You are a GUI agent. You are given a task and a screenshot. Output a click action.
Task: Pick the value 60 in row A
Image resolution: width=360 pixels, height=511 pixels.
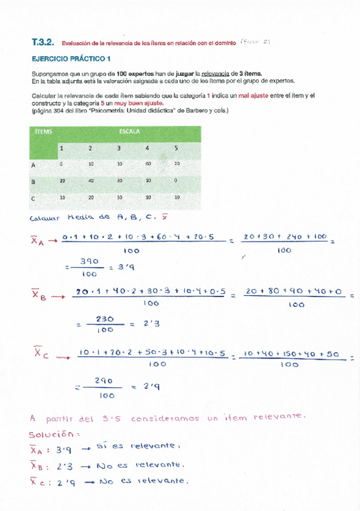coord(147,163)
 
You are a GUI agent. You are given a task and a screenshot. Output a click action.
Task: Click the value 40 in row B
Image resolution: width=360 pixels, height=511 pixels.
coord(90,181)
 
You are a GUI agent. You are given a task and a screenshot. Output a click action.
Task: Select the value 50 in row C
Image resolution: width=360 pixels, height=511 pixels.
coord(119,198)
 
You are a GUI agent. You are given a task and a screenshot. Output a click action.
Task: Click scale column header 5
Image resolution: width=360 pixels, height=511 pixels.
coord(176,148)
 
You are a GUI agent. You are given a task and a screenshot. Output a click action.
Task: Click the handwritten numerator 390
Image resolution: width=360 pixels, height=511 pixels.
coord(88,262)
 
